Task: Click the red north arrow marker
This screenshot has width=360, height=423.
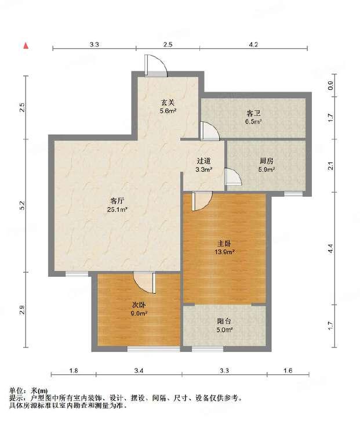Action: (x=26, y=46)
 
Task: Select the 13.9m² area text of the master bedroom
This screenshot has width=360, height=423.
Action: (x=224, y=252)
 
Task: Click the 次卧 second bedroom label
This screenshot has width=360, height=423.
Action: (x=139, y=305)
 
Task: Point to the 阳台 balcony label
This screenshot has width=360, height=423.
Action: (x=224, y=321)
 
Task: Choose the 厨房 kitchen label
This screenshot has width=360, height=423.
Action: (x=267, y=161)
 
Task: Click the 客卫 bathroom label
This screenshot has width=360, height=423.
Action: (x=253, y=113)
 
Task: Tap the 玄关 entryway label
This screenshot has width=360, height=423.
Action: (x=168, y=103)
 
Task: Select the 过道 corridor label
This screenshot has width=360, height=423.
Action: (x=203, y=161)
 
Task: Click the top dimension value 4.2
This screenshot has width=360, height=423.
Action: (x=253, y=45)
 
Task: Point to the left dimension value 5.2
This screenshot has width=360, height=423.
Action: (x=23, y=205)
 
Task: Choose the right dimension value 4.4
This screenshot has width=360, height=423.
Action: (x=331, y=248)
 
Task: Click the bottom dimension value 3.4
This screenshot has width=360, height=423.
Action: (x=139, y=370)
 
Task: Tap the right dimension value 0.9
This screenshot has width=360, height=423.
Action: (x=331, y=85)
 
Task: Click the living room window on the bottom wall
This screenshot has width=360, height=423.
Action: (x=77, y=274)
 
